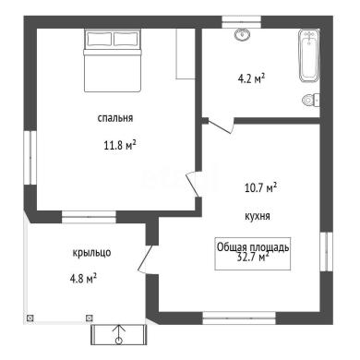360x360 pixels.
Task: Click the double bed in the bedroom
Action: [113, 60]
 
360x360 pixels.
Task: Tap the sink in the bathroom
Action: [242, 34]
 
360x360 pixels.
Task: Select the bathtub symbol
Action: [308, 55]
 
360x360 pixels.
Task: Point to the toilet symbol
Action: [311, 100]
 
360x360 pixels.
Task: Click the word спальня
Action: [115, 118]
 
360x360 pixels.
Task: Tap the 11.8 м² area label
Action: [120, 145]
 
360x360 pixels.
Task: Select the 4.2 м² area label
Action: [251, 78]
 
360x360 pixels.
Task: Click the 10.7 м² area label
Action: [260, 187]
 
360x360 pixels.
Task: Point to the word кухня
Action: [258, 216]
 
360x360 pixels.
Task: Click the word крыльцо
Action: [91, 253]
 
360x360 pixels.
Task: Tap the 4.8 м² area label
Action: [83, 279]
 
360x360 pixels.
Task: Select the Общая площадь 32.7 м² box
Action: [252, 254]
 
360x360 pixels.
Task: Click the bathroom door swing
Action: [221, 126]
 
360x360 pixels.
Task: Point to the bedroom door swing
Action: [193, 184]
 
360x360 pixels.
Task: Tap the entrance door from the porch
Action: [146, 259]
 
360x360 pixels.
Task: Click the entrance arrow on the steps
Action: [119, 334]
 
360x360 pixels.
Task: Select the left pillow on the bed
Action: [99, 39]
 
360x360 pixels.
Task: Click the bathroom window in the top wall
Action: [241, 22]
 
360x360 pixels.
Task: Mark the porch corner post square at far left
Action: [30, 318]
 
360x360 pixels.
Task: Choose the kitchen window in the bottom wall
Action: [239, 318]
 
